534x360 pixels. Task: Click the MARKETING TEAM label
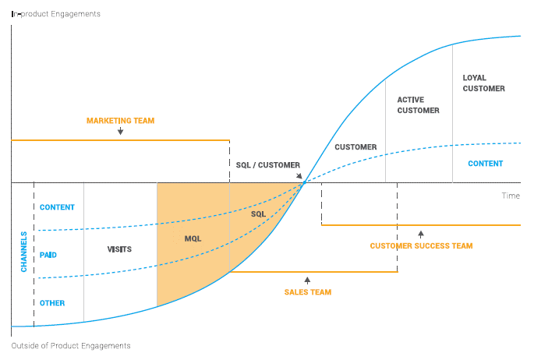pyautogui.click(x=120, y=121)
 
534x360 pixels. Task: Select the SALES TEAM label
pyautogui.click(x=307, y=292)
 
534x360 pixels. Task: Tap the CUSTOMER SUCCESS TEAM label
pyautogui.click(x=421, y=246)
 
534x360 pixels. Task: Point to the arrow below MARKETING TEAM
pyautogui.click(x=120, y=132)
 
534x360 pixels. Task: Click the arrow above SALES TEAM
pyautogui.click(x=307, y=280)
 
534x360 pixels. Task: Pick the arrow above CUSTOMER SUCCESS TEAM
pyautogui.click(x=421, y=234)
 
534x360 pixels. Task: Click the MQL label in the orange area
pyautogui.click(x=193, y=238)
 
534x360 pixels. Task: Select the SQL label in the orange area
pyautogui.click(x=258, y=214)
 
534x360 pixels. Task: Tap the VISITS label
pyautogui.click(x=119, y=249)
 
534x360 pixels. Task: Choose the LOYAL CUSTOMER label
pyautogui.click(x=483, y=83)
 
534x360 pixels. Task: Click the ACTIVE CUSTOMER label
pyautogui.click(x=418, y=105)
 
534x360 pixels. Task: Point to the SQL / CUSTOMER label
pyautogui.click(x=267, y=165)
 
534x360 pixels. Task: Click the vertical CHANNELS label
pyautogui.click(x=23, y=251)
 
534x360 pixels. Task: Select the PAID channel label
pyautogui.click(x=48, y=255)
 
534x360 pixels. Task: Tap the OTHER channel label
pyautogui.click(x=52, y=303)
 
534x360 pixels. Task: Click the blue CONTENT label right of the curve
pyautogui.click(x=485, y=164)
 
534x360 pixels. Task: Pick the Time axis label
pyautogui.click(x=511, y=196)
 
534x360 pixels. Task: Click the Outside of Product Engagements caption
pyautogui.click(x=71, y=345)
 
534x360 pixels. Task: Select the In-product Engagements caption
pyautogui.click(x=55, y=14)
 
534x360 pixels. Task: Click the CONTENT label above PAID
pyautogui.click(x=57, y=207)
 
